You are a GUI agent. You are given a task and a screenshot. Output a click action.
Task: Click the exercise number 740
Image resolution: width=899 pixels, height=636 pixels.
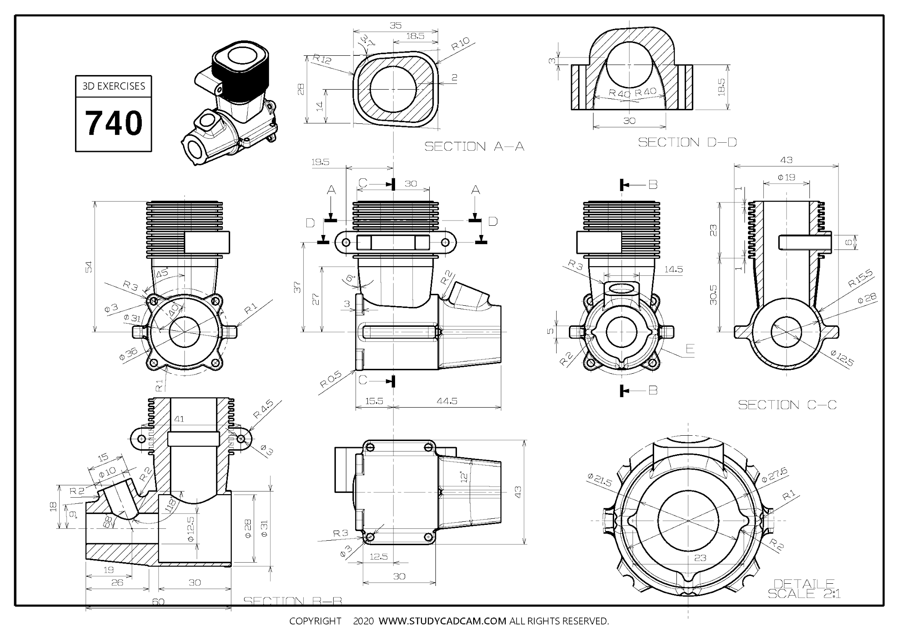pyautogui.click(x=114, y=123)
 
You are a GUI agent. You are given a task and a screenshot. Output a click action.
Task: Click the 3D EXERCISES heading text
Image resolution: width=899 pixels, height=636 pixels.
pyautogui.click(x=114, y=86)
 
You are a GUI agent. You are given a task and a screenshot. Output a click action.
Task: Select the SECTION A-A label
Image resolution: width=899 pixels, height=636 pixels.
pyautogui.click(x=474, y=147)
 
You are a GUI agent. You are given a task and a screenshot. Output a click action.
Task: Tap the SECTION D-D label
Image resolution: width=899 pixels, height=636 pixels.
pyautogui.click(x=687, y=142)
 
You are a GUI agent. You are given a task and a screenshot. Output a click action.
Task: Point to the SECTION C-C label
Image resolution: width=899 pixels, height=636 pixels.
pyautogui.click(x=787, y=405)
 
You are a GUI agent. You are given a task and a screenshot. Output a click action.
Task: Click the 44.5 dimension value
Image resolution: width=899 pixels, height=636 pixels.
pyautogui.click(x=447, y=401)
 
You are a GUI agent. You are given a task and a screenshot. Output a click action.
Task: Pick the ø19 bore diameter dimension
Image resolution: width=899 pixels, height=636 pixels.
pyautogui.click(x=786, y=177)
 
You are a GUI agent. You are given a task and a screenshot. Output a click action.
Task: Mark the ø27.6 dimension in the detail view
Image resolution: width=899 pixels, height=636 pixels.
pyautogui.click(x=774, y=475)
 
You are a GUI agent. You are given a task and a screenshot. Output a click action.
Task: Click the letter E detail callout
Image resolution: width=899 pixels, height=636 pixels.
pyautogui.click(x=690, y=349)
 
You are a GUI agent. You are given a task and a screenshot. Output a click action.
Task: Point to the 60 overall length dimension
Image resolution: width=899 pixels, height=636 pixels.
pyautogui.click(x=158, y=602)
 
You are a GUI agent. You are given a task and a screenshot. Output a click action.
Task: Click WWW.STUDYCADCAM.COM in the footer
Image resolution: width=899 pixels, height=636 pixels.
pyautogui.click(x=442, y=621)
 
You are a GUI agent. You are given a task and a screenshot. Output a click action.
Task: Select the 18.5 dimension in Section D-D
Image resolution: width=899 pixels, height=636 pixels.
pyautogui.click(x=721, y=87)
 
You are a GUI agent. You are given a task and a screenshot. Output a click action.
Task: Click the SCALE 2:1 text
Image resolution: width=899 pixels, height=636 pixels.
pyautogui.click(x=804, y=594)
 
